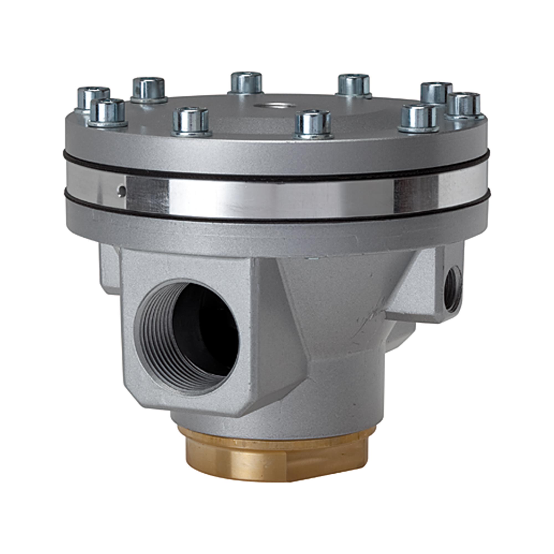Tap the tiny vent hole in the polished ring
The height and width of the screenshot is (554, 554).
122,190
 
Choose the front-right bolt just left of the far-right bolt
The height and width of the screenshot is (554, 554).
419,118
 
